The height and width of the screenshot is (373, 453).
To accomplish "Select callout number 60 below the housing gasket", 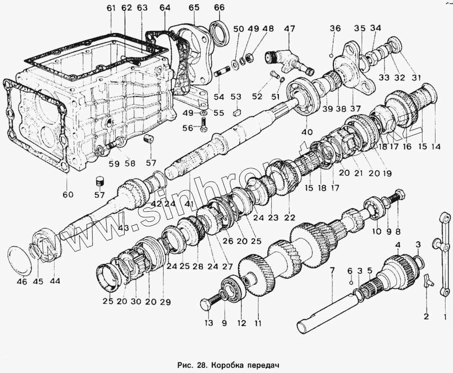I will pyautogui.click(x=67, y=194).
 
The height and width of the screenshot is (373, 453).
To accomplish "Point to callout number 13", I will pyautogui.click(x=207, y=323).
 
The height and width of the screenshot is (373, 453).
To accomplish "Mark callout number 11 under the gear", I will pyautogui.click(x=258, y=323).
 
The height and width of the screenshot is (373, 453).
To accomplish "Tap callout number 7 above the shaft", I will pyautogui.click(x=331, y=270).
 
